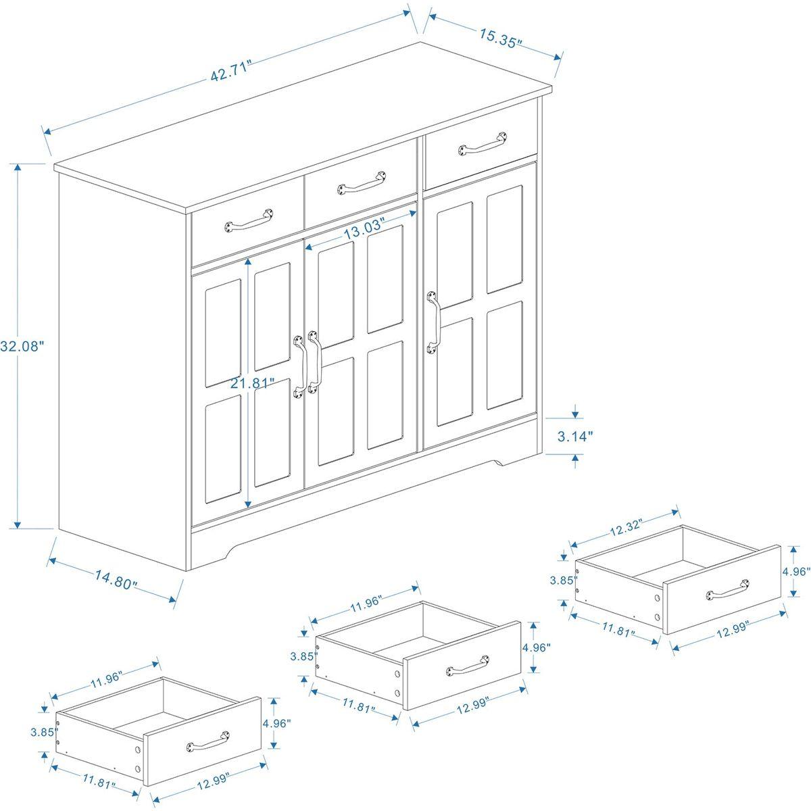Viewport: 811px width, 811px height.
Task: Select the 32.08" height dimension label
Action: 22,345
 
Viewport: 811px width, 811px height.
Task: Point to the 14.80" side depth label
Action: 116,579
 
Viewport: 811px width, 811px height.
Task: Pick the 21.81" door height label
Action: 251,383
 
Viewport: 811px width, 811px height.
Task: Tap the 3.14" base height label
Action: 575,437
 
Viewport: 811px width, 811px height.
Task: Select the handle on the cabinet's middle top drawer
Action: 364,182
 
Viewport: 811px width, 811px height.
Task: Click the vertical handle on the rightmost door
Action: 433,322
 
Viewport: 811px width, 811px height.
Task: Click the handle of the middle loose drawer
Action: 468,666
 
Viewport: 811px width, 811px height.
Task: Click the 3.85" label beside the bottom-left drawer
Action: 41,731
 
